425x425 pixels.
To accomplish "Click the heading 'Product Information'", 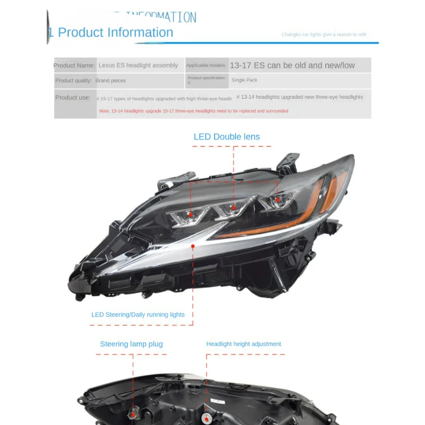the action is (x=115, y=32).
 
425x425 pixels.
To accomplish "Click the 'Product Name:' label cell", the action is (x=74, y=65).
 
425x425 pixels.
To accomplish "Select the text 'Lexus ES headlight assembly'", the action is (x=138, y=65).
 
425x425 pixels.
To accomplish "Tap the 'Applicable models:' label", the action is (x=206, y=65).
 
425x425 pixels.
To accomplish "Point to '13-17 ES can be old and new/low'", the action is (x=292, y=65).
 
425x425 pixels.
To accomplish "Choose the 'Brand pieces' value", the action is (x=110, y=81).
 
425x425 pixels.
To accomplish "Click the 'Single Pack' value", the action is (x=244, y=80).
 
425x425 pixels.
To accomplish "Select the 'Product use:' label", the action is (x=73, y=98).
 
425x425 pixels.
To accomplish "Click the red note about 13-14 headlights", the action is (x=193, y=111).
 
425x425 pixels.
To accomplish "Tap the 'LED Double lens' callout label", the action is (x=226, y=137).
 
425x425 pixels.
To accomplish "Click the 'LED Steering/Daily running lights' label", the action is (x=138, y=314).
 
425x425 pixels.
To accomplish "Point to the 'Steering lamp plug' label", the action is (x=131, y=344).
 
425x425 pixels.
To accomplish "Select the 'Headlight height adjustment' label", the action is (x=243, y=344).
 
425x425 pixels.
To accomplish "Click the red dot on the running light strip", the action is (x=193, y=246).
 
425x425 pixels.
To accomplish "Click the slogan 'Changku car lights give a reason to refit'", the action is (x=324, y=35).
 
